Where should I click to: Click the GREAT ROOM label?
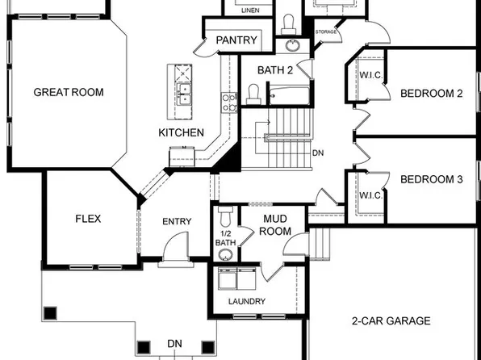[69, 92]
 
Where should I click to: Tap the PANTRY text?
[236, 40]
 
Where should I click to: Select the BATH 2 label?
[275, 70]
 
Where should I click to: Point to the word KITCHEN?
[181, 132]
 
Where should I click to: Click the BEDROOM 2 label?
[431, 94]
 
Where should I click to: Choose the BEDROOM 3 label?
[431, 179]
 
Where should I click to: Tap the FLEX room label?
[87, 219]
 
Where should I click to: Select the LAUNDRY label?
[246, 302]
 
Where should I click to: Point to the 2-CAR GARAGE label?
[391, 320]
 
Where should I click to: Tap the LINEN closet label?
[251, 9]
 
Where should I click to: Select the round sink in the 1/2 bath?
[225, 255]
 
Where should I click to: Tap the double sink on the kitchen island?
[183, 90]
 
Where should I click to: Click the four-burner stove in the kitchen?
[228, 101]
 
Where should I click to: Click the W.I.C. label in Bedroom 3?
[370, 195]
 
